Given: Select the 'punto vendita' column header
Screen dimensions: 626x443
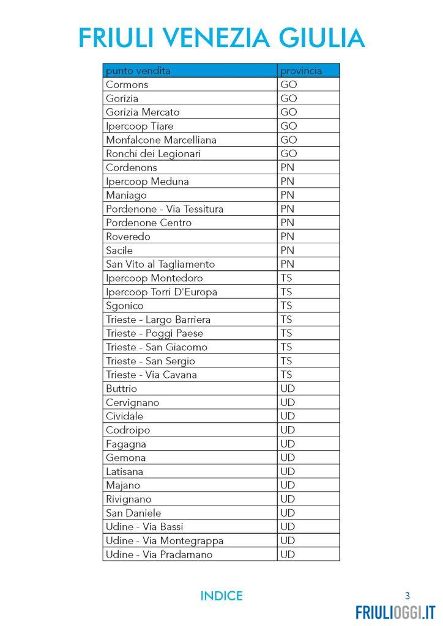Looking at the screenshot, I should coord(138,71).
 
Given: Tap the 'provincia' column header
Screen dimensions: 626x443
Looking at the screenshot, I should coord(301,71).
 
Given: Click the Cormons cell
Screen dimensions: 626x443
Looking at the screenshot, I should coord(127,84).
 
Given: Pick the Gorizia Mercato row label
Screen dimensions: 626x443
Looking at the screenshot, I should coord(143,112).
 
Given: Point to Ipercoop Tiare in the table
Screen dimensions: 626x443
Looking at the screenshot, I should coord(140,126).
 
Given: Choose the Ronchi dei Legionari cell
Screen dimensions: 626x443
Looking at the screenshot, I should coord(153,153).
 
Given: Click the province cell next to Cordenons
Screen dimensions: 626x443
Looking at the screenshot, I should coord(288,168).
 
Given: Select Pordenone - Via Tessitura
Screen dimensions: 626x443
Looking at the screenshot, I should coord(165,209).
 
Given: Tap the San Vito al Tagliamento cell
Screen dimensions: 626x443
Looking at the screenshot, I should coord(160,264).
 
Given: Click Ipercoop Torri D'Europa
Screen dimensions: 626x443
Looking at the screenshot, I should coord(162,292).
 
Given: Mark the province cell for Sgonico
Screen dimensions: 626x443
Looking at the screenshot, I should coord(286,306).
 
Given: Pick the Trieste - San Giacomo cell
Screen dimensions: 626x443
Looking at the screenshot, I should coord(157,347).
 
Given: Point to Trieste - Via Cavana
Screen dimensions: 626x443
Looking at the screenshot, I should coord(151,375).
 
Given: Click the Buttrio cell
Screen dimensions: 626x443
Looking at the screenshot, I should coord(122,389).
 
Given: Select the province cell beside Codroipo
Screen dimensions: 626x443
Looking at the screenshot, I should coord(288,430).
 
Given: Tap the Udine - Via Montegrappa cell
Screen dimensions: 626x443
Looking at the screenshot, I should coord(165,540).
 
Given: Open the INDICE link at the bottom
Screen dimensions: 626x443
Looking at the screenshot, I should coord(221,596).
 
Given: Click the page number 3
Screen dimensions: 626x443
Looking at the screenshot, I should coord(408,596).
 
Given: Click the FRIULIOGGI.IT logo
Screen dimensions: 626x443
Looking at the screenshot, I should coord(395,612).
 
